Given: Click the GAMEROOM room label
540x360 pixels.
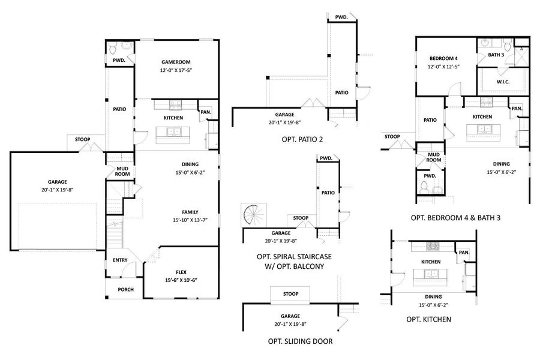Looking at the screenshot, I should (x=176, y=62).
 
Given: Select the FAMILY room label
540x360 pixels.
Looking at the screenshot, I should (x=191, y=211).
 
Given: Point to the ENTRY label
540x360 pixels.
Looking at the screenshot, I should (x=120, y=260).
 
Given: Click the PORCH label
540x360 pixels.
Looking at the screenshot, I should (x=125, y=289).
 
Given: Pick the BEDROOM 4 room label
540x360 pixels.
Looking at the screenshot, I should (x=443, y=58).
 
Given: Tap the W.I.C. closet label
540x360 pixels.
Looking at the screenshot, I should (x=503, y=82).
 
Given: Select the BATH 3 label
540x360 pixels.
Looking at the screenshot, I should (x=496, y=55).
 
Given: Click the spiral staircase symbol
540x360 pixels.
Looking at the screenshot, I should (x=251, y=215).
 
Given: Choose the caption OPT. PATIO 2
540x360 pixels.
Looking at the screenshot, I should (x=302, y=139).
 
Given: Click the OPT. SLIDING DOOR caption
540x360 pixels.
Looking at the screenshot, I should (x=300, y=341).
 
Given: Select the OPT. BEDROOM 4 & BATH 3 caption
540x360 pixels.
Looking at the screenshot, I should (x=455, y=217).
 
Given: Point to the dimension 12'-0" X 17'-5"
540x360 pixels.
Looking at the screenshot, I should (x=176, y=70).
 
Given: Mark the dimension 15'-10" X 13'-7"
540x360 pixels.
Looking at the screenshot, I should (x=191, y=220).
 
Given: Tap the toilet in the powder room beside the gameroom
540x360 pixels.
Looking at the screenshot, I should (x=126, y=47).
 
